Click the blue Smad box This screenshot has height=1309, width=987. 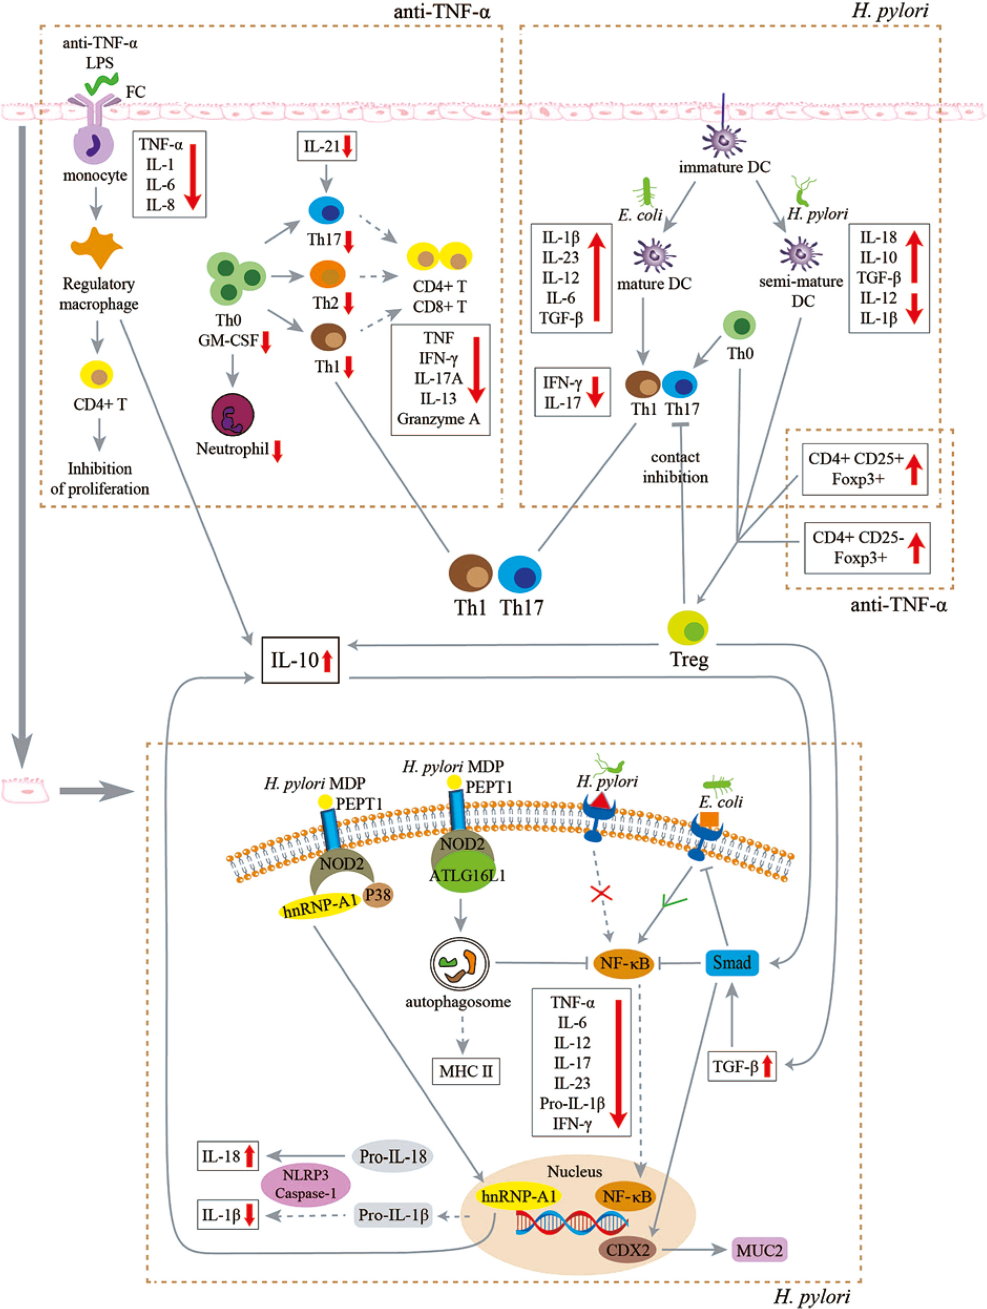pos(732,963)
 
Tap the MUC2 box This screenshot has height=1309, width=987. pos(760,1250)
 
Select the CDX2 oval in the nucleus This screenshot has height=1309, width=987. pos(628,1250)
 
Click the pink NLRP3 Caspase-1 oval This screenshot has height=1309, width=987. pos(306,1184)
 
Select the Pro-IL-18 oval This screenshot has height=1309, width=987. pos(392,1156)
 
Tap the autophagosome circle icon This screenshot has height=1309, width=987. pos(460,964)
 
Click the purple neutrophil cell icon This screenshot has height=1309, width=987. pos(233,415)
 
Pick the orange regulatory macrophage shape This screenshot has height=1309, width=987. pos(97,247)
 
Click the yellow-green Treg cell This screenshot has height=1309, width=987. pos(688,628)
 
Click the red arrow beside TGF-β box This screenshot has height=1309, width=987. pos(767,1066)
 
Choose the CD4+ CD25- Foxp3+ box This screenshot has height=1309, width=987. pos(866,548)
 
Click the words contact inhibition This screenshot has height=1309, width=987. pos(675,467)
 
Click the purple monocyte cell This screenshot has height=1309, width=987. pos(93,145)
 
